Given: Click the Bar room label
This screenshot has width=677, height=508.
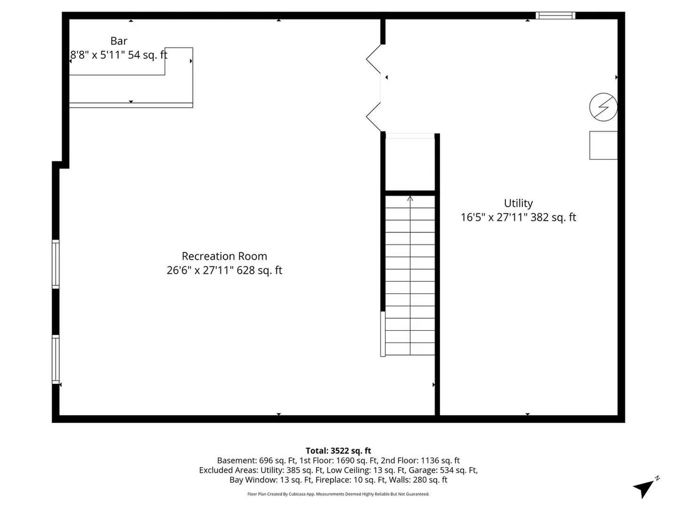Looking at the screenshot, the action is click(119, 41).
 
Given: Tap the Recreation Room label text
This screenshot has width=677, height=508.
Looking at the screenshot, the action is click(224, 256).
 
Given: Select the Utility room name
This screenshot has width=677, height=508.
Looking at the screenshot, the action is click(518, 204).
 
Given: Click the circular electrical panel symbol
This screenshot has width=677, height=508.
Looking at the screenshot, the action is click(603, 107).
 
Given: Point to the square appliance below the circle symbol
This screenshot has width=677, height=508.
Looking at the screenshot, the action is click(603, 145).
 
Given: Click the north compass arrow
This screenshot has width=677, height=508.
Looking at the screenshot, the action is click(645, 488).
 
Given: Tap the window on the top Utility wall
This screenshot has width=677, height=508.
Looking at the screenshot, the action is click(555, 15).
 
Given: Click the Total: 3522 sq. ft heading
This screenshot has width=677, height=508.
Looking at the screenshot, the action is click(338, 451).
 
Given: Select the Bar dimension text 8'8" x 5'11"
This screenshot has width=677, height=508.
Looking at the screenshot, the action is click(98, 55).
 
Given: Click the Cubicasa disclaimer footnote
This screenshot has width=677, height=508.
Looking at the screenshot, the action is click(338, 494).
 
